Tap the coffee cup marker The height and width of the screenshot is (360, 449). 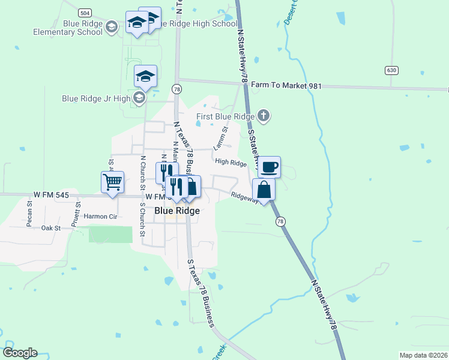coord(269,167)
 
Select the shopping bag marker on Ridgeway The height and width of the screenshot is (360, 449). coord(264,190)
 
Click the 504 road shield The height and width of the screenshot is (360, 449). coord(85,12)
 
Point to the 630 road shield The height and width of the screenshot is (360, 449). coord(392,70)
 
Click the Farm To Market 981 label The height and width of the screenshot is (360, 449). coord(286,86)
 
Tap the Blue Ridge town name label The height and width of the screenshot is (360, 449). coord(177,211)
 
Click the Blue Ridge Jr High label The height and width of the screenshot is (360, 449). coord(96,98)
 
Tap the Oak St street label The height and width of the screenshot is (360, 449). coord(51,228)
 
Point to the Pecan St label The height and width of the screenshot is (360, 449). coord(29,211)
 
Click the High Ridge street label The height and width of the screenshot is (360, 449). coord(231,163)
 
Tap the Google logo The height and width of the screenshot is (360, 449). coord(20,353)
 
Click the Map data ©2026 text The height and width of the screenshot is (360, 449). coord(423,355)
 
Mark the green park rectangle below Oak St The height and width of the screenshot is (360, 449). coord(110,235)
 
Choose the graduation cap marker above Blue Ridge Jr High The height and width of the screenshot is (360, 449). coord(145,76)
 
